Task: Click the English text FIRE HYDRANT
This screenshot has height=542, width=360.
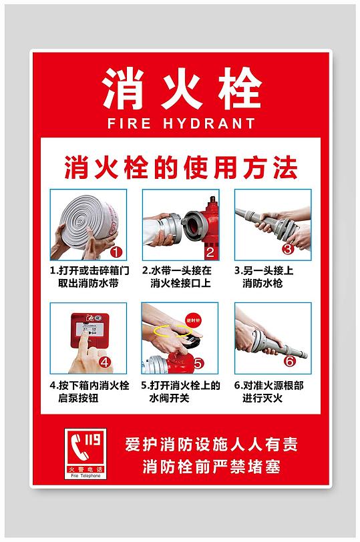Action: pyautogui.click(x=180, y=123)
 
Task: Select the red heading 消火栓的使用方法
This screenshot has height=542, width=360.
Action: pyautogui.click(x=180, y=168)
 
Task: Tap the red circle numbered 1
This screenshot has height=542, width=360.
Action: pyautogui.click(x=116, y=252)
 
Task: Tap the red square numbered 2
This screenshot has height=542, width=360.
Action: pyautogui.click(x=209, y=252)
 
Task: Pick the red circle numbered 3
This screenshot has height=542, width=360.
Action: pyautogui.click(x=289, y=249)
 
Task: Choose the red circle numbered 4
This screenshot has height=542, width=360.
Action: pyautogui.click(x=105, y=362)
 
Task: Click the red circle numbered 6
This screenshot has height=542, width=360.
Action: pyautogui.click(x=289, y=361)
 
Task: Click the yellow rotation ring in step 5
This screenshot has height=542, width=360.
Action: pyautogui.click(x=168, y=330)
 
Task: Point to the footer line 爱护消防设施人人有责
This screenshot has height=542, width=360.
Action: pyautogui.click(x=211, y=443)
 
